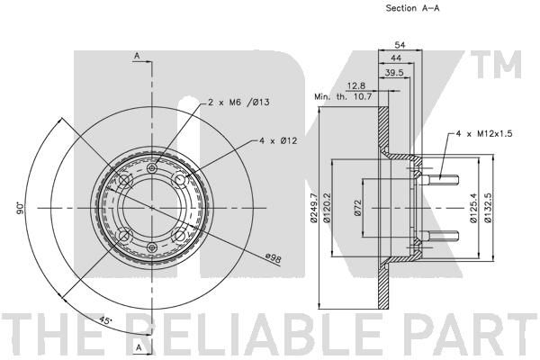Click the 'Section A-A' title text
(x=412, y=8)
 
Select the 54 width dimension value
(x=400, y=45)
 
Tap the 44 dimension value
(x=396, y=58)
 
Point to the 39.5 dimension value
(x=394, y=73)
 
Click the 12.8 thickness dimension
(x=356, y=85)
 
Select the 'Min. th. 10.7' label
(x=343, y=97)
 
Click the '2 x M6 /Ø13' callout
(x=238, y=103)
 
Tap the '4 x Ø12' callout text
(x=278, y=140)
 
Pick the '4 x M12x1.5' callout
(x=484, y=134)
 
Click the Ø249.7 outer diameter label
(x=313, y=208)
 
